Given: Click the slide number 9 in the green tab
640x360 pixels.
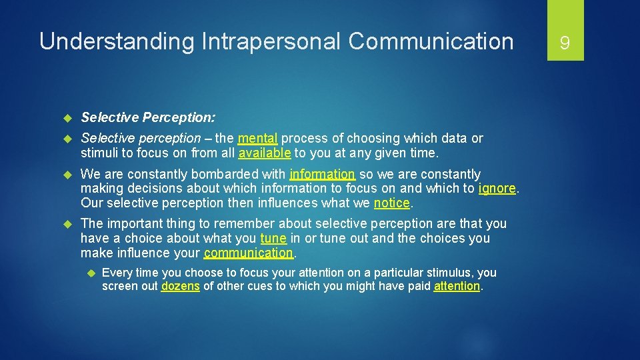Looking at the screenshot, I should coord(565,43).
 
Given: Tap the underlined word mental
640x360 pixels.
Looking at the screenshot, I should coord(257,139).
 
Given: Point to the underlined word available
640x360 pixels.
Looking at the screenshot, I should coord(265,153).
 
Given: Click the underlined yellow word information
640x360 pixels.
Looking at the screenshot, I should coord(323,174).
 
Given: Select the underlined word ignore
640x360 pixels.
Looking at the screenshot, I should coord(497,189).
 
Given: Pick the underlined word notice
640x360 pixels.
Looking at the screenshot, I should coord(392,203).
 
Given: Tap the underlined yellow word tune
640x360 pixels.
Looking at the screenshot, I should coord(273,238).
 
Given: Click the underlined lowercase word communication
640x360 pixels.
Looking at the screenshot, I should coord(248,253).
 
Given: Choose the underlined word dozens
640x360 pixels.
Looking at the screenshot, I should coord(180,286).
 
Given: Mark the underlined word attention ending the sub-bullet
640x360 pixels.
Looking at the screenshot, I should coord(457,286).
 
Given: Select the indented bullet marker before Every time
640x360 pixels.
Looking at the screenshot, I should coord(91,273).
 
